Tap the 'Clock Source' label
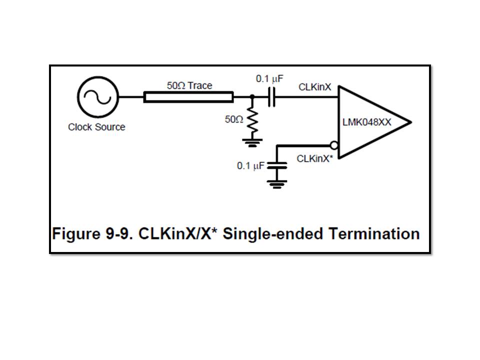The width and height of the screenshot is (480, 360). pos(96,127)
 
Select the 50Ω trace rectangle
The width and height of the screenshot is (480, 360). pos(188,97)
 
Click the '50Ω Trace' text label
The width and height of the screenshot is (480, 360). pos(189,85)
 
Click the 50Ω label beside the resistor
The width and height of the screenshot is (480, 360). pos(234,120)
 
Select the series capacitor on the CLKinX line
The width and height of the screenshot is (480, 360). pos(271,97)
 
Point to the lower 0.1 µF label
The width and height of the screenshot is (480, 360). pos(250,165)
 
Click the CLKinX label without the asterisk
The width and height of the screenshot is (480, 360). pos(314,87)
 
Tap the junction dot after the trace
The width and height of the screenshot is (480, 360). pos(252,97)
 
